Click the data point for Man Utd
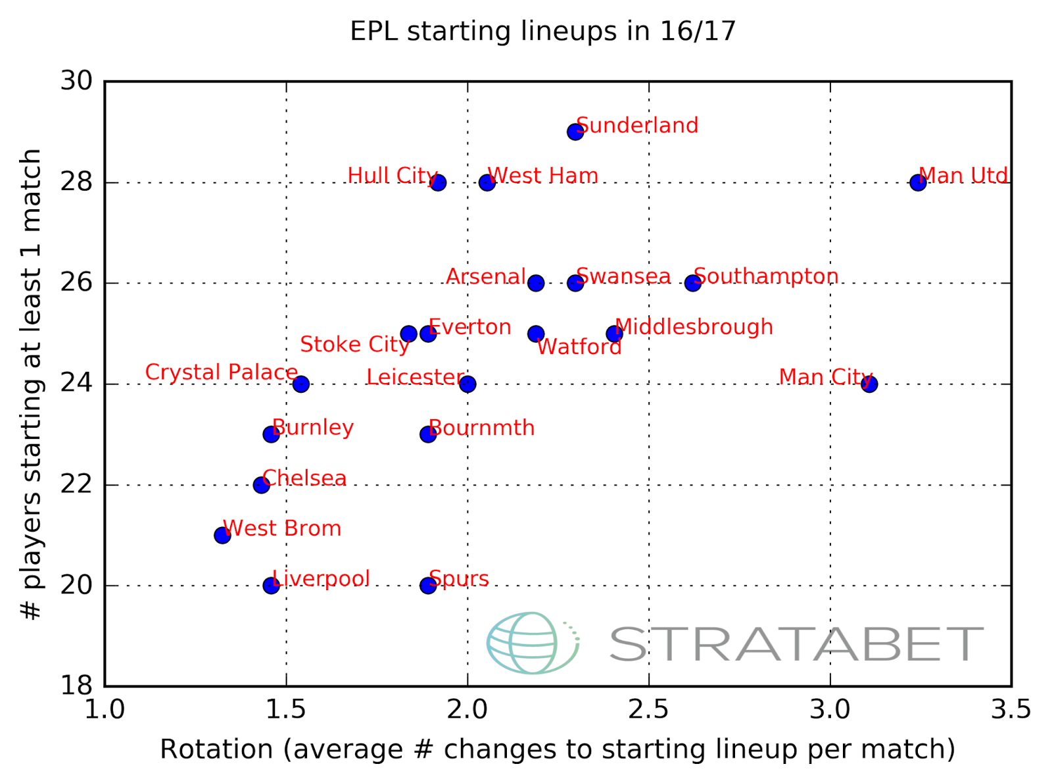918,182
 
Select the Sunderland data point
575,132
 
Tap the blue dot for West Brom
222,535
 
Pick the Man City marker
869,384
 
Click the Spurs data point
428,585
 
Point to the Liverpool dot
271,585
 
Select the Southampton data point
692,283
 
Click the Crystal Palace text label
221,372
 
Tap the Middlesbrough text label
694,327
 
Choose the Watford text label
579,347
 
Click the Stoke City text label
354,344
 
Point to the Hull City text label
392,176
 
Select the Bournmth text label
481,428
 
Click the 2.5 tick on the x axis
648,710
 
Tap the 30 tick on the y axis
77,81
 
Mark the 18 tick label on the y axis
77,686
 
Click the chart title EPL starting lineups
542,31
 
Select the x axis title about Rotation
558,749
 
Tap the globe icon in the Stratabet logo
531,643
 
